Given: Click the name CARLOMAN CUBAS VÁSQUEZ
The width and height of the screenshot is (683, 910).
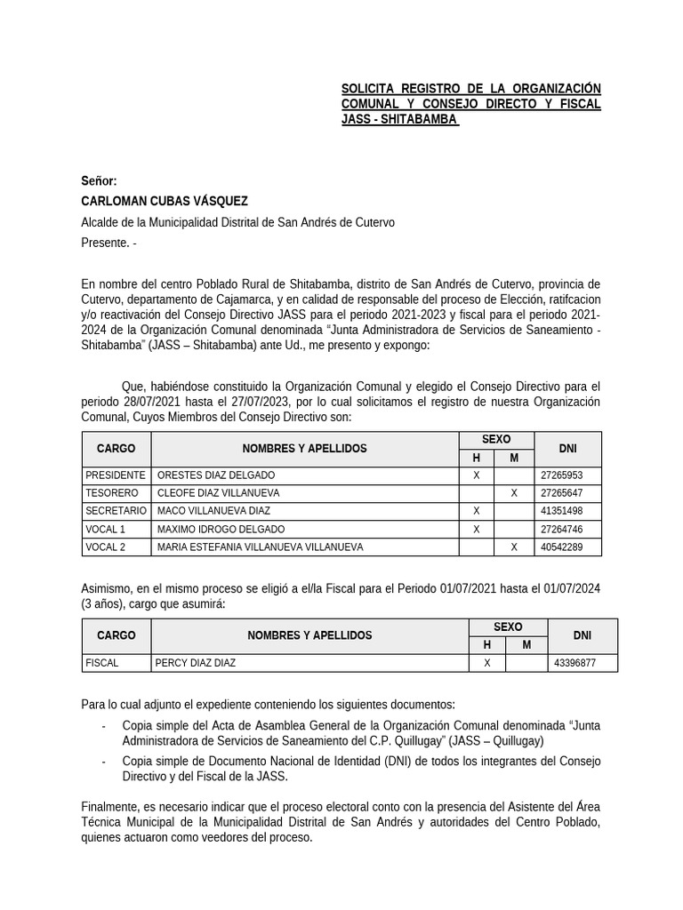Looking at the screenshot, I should (x=165, y=202).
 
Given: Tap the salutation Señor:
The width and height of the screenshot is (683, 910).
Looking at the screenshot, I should (x=99, y=181).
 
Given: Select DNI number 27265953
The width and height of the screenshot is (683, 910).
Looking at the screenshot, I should (x=561, y=475).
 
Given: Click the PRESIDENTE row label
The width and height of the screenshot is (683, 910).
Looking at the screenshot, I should (x=115, y=475).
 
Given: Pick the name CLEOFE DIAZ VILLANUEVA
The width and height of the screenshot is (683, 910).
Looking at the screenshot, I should (x=218, y=493).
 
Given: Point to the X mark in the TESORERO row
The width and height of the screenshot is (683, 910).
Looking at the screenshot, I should (x=513, y=493).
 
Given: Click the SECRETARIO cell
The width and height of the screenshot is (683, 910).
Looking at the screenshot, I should (x=116, y=511).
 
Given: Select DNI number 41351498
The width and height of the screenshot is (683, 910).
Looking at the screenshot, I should (x=561, y=511).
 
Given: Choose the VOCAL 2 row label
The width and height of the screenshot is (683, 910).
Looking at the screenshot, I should (x=106, y=547).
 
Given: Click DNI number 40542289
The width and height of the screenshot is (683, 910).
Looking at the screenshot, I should (x=561, y=547).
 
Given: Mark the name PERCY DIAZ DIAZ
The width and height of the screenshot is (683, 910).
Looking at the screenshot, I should (x=196, y=663).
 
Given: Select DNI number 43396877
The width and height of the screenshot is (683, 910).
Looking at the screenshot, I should (x=575, y=663).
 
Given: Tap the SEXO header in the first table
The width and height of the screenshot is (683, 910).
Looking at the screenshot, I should (x=495, y=440).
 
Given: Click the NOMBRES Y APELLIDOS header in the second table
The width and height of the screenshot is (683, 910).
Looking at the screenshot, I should (x=309, y=635).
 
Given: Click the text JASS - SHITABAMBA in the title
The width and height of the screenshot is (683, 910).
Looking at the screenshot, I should (x=399, y=119).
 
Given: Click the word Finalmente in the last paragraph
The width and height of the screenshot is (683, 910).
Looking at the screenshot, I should (x=111, y=806).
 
